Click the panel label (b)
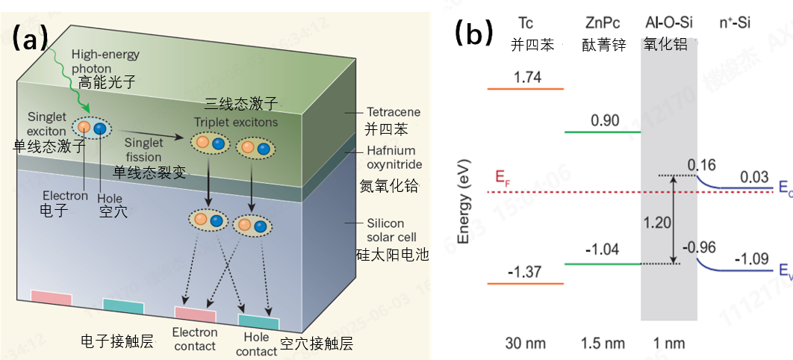click(x=474, y=33)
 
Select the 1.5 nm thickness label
click(x=602, y=344)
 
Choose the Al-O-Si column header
click(x=669, y=23)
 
